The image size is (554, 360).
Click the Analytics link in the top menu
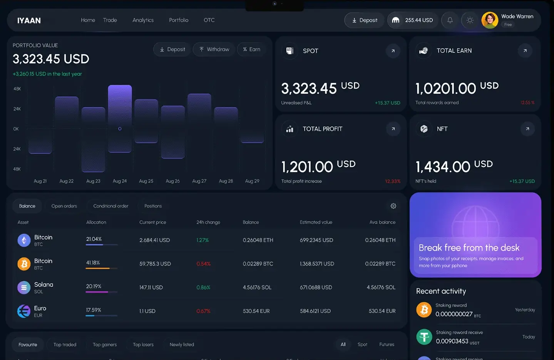143,20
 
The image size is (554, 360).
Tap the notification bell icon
450,20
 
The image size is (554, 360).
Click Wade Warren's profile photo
490,20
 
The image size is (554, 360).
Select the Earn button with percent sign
251,49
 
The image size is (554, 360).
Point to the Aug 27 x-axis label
199,181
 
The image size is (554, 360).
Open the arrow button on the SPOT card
393,51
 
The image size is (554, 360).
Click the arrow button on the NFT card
527,129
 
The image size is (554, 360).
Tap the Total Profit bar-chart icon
290,129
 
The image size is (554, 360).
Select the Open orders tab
64,206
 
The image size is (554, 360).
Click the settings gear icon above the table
393,206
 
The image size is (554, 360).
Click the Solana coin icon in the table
24,287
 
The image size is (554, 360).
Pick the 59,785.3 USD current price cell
155,264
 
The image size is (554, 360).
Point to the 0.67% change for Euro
203,311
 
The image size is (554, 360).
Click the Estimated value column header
316,222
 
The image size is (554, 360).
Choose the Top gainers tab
105,345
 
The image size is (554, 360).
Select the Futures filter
387,345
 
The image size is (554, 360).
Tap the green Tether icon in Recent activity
424,337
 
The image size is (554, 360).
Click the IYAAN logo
29,20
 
